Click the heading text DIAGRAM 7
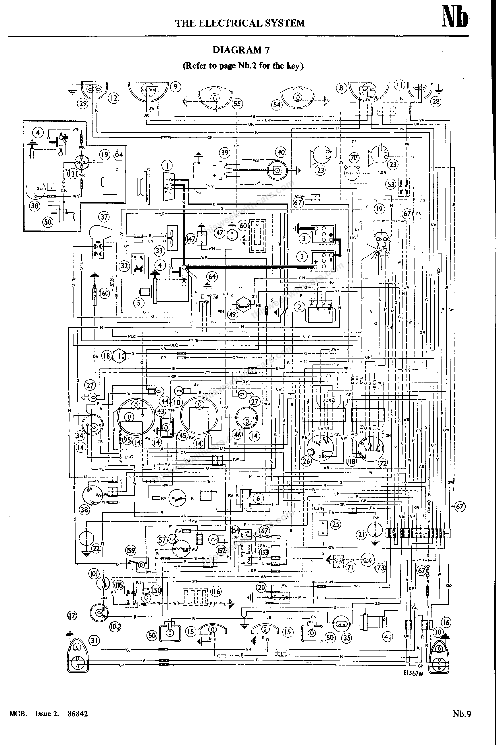pyautogui.click(x=241, y=50)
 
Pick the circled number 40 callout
pyautogui.click(x=281, y=152)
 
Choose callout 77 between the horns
pyautogui.click(x=354, y=158)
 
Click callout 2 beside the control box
pyautogui.click(x=299, y=307)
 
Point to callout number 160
pyautogui.click(x=104, y=293)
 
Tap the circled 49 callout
pyautogui.click(x=233, y=315)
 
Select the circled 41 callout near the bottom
pyautogui.click(x=387, y=636)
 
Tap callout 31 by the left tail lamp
pyautogui.click(x=95, y=640)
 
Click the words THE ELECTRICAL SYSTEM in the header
pyautogui.click(x=240, y=23)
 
